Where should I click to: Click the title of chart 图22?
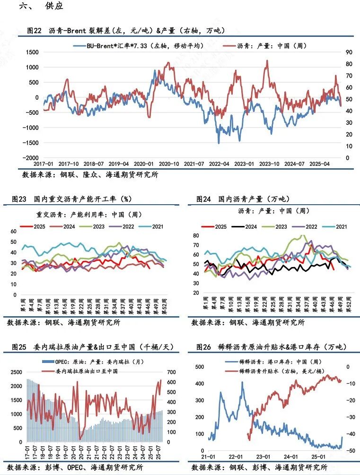[125, 30]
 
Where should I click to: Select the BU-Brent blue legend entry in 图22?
[139, 46]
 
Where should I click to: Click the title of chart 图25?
[93, 347]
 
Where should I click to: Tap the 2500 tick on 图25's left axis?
[14, 372]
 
